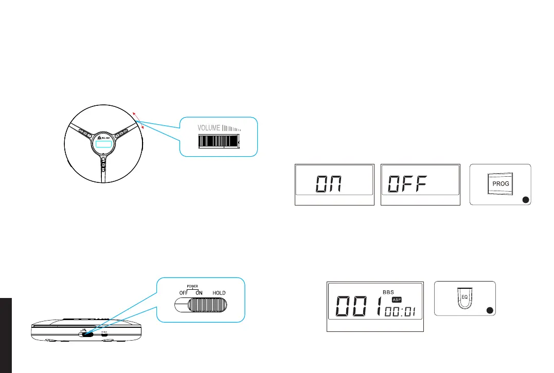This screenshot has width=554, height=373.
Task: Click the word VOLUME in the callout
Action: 209,127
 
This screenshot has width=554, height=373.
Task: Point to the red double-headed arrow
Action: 139,119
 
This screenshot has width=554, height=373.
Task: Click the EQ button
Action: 464,297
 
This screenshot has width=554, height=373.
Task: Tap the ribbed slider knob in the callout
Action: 206,306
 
